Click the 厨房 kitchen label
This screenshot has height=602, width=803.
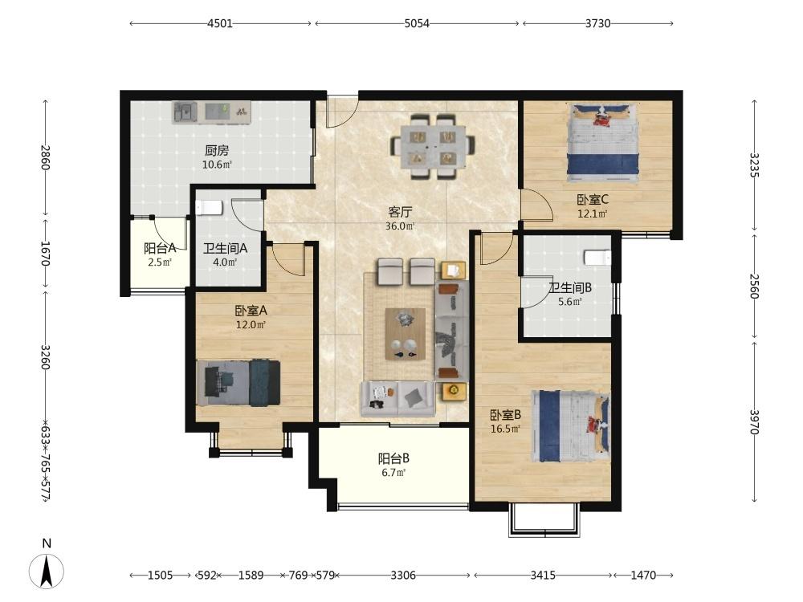coord(217,151)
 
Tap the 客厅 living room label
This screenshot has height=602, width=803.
coord(400,212)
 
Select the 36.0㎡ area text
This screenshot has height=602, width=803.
coord(400,226)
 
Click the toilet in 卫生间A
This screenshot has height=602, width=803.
coord(209,208)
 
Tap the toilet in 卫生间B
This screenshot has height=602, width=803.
coord(597,258)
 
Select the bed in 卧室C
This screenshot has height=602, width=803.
coord(603,142)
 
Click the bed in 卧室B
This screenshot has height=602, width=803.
coord(571,426)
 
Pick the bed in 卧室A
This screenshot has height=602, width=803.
coord(238,383)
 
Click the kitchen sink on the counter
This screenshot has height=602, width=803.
coord(185,112)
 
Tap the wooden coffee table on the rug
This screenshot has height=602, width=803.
coord(405,334)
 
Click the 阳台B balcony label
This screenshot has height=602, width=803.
coord(393,458)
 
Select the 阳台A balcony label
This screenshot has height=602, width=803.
coord(160,248)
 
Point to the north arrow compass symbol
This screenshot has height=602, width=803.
coord(47,570)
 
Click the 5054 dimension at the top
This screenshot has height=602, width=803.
coord(417,23)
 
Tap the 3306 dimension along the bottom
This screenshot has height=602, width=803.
coord(403,576)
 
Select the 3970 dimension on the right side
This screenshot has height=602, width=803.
coord(753,422)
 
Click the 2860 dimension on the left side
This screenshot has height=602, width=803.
coord(46,157)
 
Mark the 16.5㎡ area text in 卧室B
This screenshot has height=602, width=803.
coord(505,429)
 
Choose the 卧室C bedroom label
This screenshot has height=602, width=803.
coord(593,200)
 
